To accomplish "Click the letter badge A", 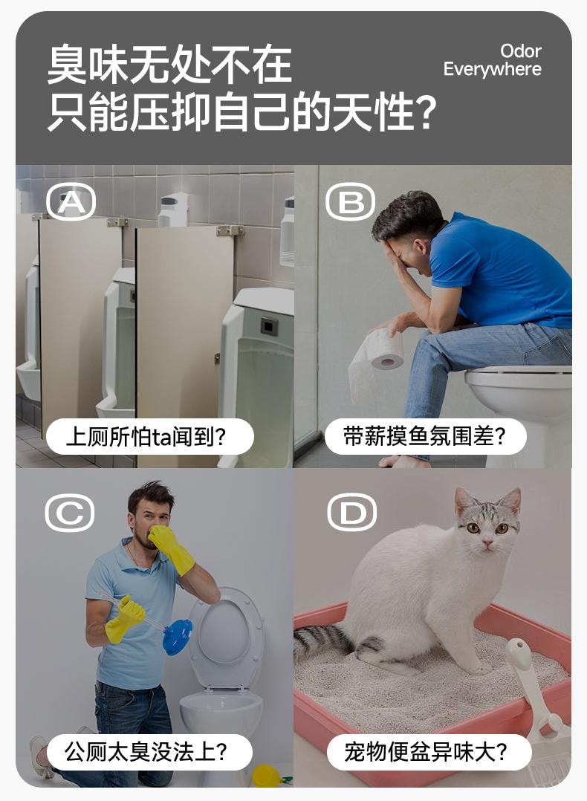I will point(71,201).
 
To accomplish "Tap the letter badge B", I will point(351,201).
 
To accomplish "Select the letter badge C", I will point(70,513).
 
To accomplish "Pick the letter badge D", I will point(352,513).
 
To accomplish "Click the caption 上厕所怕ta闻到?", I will point(149,437).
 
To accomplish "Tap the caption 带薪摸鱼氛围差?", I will point(424,437).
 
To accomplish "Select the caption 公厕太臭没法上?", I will point(149,752).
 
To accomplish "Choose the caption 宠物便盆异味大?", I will point(428,752).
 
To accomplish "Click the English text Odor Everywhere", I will point(493,60).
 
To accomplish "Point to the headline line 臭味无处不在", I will point(169,65).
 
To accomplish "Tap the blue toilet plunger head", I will point(177,638).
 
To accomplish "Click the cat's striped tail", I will point(321,641).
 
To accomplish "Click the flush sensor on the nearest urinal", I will point(269,325).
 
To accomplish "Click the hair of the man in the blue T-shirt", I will point(408,212).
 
